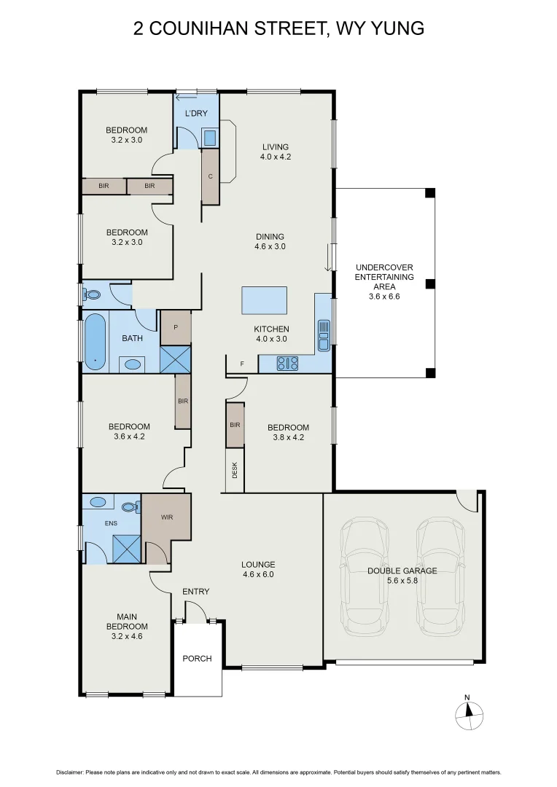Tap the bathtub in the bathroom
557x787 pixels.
[95, 341]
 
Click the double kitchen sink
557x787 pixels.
[324, 336]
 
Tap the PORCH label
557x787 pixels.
[197, 659]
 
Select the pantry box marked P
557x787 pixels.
[176, 327]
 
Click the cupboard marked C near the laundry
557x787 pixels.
[210, 176]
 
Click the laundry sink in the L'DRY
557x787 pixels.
[209, 137]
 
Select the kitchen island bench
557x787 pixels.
[265, 299]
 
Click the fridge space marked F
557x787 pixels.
[242, 364]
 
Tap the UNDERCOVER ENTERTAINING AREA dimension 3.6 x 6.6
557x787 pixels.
[384, 297]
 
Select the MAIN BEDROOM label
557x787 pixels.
[127, 622]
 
